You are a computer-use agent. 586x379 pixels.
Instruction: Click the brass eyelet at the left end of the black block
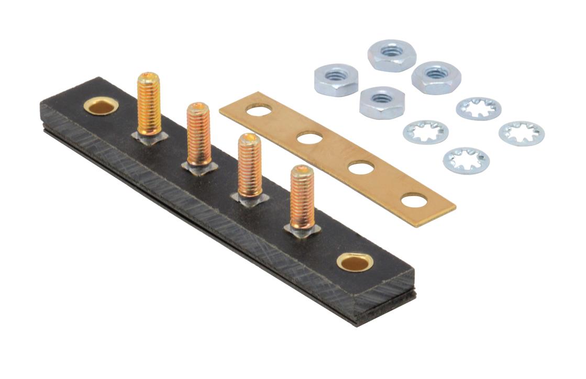[101, 106]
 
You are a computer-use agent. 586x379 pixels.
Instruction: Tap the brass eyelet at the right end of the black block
[355, 261]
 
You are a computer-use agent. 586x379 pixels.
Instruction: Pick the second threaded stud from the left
[199, 134]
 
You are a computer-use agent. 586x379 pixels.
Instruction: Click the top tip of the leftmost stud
[149, 77]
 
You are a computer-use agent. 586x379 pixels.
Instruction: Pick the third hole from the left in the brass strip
[361, 168]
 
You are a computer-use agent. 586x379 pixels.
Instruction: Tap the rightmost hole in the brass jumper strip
[414, 200]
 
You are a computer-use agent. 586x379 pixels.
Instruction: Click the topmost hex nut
[392, 54]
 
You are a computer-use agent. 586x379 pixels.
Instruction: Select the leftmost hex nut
[336, 79]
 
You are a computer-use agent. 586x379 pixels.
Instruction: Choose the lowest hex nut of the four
[382, 102]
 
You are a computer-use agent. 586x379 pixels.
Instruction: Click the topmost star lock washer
[478, 108]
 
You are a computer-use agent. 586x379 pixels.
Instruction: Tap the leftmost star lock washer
[425, 131]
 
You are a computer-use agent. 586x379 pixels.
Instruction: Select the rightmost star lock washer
[521, 133]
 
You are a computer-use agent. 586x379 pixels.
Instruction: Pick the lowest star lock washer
[466, 160]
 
